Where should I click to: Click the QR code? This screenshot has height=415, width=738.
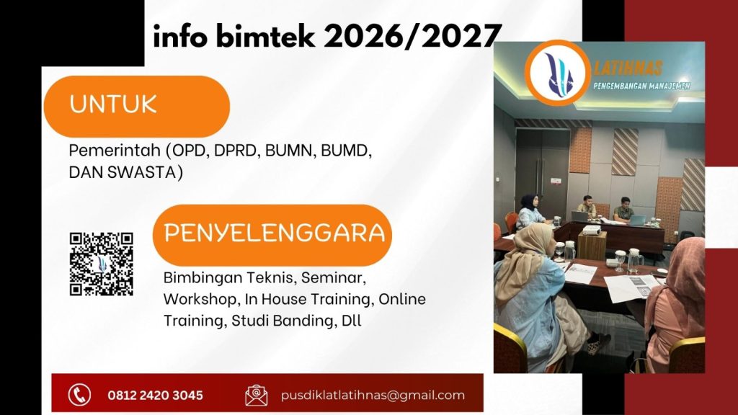tap(102, 264)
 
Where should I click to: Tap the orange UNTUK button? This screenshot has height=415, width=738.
tap(136, 105)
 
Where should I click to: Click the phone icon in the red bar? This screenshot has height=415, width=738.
tap(79, 394)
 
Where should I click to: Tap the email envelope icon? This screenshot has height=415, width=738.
tap(256, 395)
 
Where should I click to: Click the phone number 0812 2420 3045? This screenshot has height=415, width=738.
tap(155, 395)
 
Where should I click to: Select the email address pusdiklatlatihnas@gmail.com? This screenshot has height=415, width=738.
tap(373, 395)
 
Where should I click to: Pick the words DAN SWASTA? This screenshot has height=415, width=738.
tap(125, 172)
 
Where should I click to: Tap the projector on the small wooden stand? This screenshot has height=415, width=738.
tap(590, 230)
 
